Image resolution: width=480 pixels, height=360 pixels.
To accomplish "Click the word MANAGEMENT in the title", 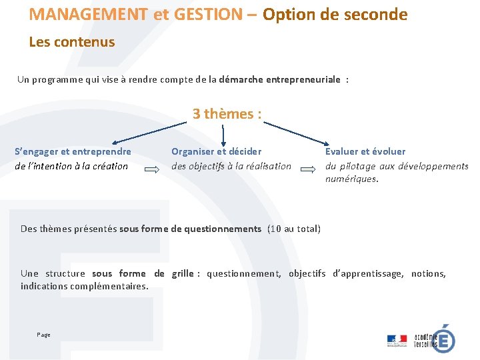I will [x=89, y=14].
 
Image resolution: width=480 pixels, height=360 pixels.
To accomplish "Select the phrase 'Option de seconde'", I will [x=335, y=14].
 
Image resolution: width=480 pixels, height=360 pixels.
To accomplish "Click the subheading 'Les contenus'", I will [x=72, y=42].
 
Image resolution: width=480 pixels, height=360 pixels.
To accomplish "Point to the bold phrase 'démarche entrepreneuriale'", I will [x=280, y=79].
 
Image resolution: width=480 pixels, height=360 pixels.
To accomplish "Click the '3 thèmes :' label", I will [x=227, y=114].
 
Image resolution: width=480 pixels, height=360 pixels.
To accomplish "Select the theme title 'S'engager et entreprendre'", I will [x=73, y=151].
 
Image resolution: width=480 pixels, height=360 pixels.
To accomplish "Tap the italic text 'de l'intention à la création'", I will [x=71, y=166].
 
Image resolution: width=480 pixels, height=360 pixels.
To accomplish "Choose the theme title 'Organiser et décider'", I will [x=217, y=151].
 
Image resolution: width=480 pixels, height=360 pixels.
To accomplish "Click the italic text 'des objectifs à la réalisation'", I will [x=231, y=166].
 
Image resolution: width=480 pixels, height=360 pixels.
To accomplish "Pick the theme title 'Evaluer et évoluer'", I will [x=365, y=151].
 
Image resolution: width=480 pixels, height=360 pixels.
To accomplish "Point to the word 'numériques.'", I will [x=351, y=179].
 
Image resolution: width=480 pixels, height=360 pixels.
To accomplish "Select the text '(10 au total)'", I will [x=293, y=229].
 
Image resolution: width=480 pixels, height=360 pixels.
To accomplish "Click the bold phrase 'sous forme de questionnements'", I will [x=190, y=229].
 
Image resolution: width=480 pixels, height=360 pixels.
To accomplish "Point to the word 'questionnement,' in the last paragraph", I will [x=244, y=273].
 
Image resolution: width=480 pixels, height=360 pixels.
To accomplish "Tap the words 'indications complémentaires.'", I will [x=85, y=287].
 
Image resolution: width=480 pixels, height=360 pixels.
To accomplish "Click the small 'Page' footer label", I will [x=43, y=335].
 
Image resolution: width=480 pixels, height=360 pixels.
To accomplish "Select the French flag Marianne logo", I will [x=397, y=340].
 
